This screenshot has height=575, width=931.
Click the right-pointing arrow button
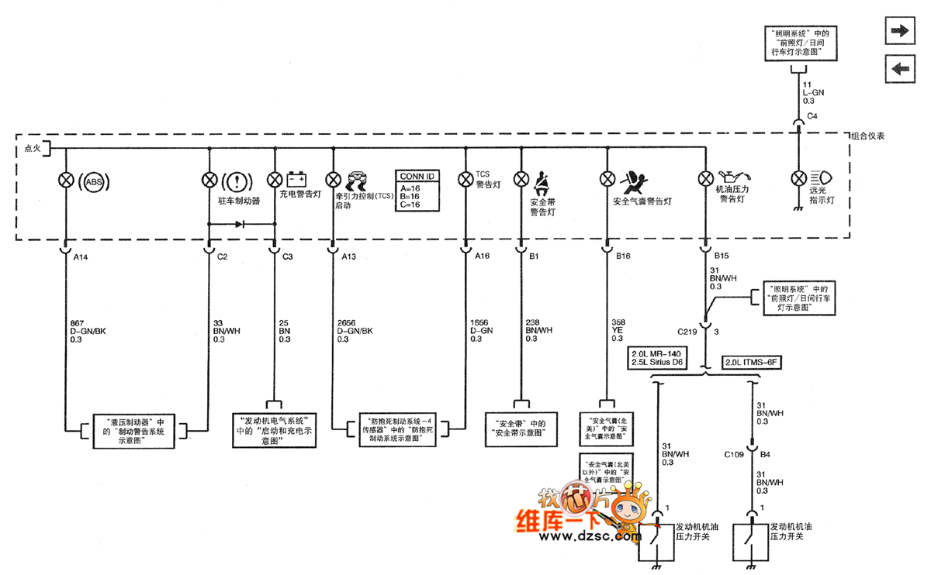tap(899, 31)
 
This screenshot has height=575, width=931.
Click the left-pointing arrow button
tap(899, 68)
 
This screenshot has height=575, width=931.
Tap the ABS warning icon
tap(94, 182)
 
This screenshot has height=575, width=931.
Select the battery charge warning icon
tap(296, 178)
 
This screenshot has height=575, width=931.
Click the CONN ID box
tap(417, 191)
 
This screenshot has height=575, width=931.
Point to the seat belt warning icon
tap(540, 181)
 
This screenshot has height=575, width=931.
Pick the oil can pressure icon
tap(731, 177)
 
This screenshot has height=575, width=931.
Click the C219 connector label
tap(687, 332)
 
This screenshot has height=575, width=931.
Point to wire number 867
tap(78, 322)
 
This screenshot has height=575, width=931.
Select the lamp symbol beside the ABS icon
tap(65, 180)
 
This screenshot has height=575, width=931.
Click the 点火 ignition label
tap(32, 148)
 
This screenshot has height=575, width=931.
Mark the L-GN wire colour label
tap(813, 92)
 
